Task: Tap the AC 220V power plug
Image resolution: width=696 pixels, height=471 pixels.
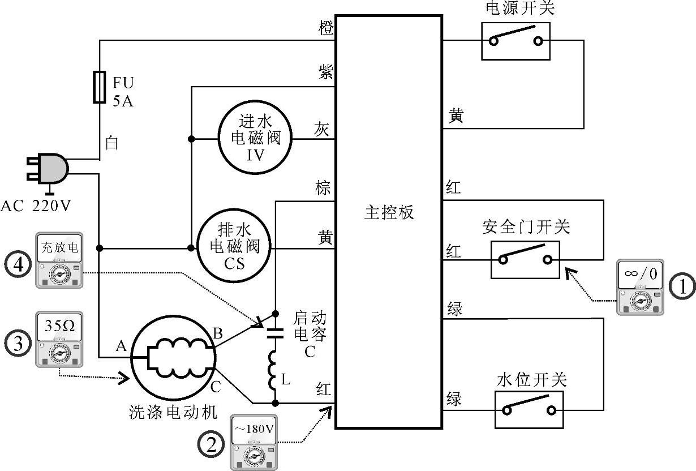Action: (48, 168)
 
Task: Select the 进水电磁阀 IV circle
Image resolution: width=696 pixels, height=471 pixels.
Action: (252, 138)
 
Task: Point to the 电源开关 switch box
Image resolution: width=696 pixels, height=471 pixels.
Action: (515, 41)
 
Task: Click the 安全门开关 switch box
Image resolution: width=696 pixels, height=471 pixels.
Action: (525, 260)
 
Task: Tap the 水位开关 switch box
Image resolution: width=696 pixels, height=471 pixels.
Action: (529, 409)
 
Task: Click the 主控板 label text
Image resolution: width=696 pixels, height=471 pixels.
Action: (389, 212)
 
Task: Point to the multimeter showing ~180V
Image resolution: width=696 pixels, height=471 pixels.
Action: (254, 442)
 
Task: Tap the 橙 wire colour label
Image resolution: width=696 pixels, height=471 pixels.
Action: (326, 28)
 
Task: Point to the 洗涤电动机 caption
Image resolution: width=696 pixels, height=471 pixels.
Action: (172, 412)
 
